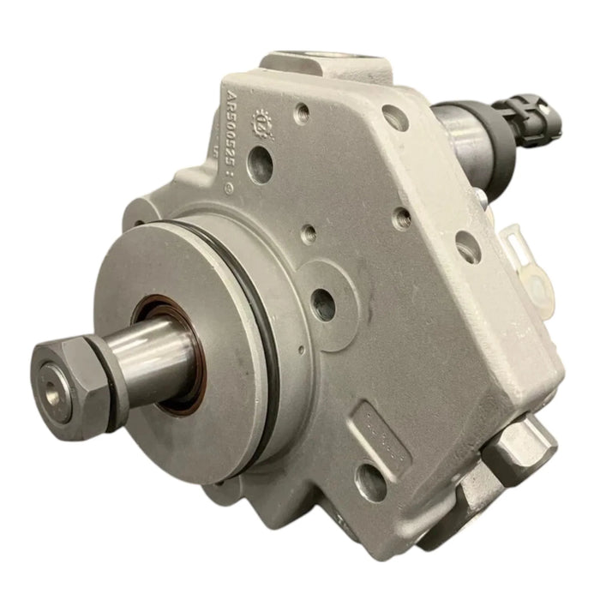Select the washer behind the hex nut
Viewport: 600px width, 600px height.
(x=108, y=361)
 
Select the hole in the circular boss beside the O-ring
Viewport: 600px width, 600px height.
(x=324, y=304)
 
